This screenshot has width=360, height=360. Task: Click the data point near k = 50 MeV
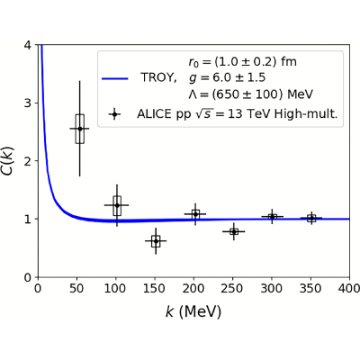pyautogui.click(x=80, y=129)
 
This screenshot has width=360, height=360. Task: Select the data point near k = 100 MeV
pyautogui.click(x=117, y=205)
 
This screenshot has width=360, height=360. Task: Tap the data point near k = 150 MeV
pyautogui.click(x=156, y=241)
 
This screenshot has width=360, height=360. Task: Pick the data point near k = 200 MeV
pyautogui.click(x=195, y=214)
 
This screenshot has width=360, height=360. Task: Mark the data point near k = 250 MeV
pyautogui.click(x=234, y=231)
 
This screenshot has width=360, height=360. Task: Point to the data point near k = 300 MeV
pyautogui.click(x=272, y=216)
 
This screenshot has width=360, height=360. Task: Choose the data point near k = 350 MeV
pyautogui.click(x=311, y=218)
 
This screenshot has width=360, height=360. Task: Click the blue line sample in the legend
pyautogui.click(x=115, y=78)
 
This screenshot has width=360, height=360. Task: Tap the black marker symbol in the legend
pyautogui.click(x=114, y=114)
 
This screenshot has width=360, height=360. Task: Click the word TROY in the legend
pyautogui.click(x=158, y=78)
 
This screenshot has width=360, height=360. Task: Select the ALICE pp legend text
pyautogui.click(x=238, y=114)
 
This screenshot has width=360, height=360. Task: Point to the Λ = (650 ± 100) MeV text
pyautogui.click(x=251, y=94)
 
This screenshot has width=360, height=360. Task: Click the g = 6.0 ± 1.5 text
pyautogui.click(x=227, y=78)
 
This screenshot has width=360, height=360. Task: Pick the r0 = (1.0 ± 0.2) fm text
pyautogui.click(x=242, y=62)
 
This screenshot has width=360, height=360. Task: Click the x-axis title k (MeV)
pyautogui.click(x=193, y=312)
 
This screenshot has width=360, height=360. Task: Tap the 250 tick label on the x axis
pyautogui.click(x=233, y=289)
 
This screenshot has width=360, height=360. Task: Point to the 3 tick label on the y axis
pyautogui.click(x=27, y=103)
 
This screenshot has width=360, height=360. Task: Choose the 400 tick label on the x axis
pyautogui.click(x=350, y=289)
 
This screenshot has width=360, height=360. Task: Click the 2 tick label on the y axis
pyautogui.click(x=27, y=161)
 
